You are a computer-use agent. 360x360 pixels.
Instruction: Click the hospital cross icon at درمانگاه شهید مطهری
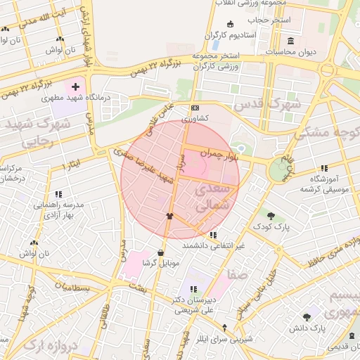75,89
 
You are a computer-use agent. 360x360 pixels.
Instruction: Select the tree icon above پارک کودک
271,214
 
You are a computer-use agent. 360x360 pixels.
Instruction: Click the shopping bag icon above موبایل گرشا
160,252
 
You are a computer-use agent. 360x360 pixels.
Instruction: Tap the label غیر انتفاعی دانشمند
214,246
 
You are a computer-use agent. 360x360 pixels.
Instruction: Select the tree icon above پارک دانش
306,317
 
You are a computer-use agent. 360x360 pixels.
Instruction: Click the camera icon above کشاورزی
195,108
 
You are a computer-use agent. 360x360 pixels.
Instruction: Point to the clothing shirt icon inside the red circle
169,216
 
